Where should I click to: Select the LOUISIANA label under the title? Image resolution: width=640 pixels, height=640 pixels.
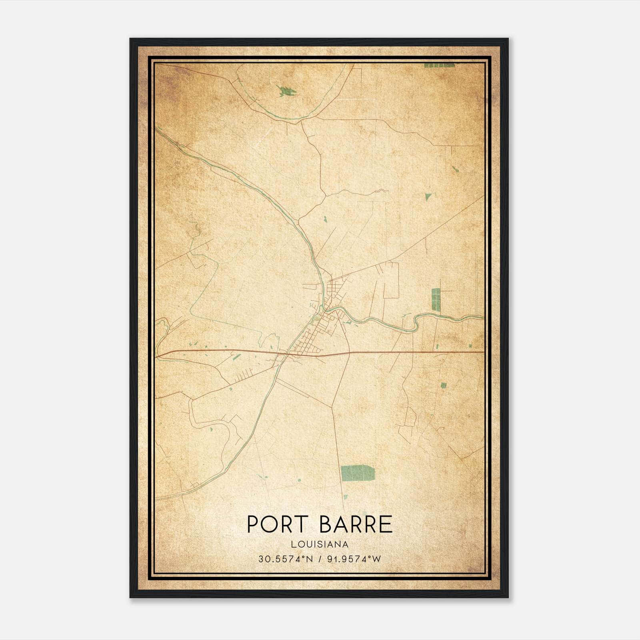click(x=320, y=544)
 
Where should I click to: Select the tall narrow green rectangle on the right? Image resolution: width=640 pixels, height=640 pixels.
click(x=435, y=299)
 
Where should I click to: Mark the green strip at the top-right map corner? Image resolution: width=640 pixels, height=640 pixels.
click(x=439, y=65)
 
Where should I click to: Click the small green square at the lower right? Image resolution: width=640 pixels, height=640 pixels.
click(x=443, y=385)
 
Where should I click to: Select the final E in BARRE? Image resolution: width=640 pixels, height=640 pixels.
click(x=385, y=524)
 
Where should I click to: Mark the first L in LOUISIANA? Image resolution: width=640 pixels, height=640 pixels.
click(x=294, y=544)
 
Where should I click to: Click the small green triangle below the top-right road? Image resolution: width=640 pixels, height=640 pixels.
click(x=428, y=196)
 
